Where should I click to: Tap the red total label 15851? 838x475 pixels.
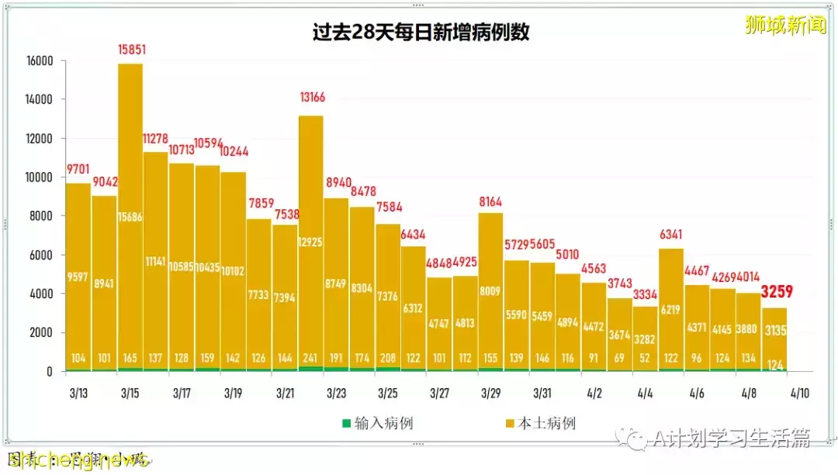pyautogui.click(x=131, y=50)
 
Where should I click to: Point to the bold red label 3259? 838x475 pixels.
pyautogui.click(x=777, y=292)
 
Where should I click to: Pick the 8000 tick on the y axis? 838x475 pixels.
pyautogui.click(x=40, y=217)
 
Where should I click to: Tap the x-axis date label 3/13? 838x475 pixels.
pyautogui.click(x=78, y=394)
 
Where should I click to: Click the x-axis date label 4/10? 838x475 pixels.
pyautogui.click(x=799, y=394)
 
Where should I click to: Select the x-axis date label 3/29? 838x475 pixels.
pyautogui.click(x=490, y=394)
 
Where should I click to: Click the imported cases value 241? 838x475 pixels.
pyautogui.click(x=310, y=358)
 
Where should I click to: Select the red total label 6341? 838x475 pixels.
pyautogui.click(x=673, y=234)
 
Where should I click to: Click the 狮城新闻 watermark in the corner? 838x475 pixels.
pyautogui.click(x=784, y=26)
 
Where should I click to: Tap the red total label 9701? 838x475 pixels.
pyautogui.click(x=78, y=169)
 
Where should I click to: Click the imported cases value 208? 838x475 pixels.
pyautogui.click(x=388, y=358)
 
